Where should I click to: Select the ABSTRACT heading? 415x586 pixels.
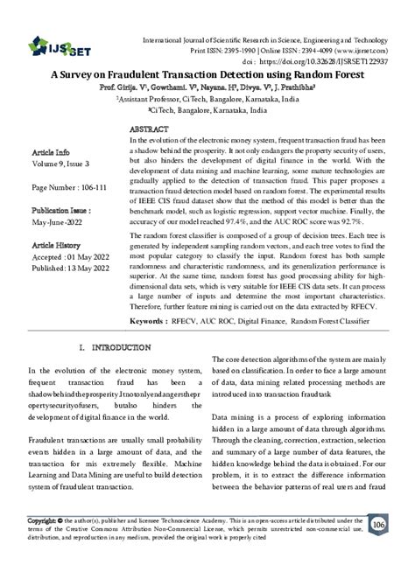click(150, 128)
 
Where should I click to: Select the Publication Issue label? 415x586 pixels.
click(62, 211)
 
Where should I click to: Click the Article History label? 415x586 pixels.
click(56, 247)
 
